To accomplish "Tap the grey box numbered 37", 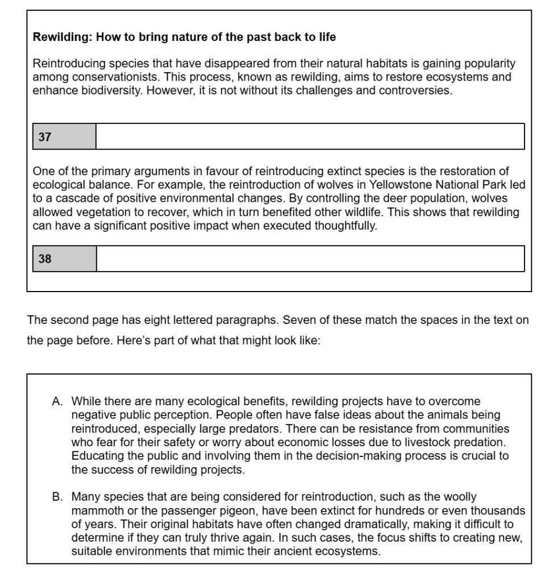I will (64, 137).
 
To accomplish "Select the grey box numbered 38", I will (64, 259).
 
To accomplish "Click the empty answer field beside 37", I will (310, 137).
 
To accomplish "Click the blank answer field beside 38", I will (310, 259).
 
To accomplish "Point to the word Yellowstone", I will (401, 184).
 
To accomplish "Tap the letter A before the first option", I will (57, 401).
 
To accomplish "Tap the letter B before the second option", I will (57, 497).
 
